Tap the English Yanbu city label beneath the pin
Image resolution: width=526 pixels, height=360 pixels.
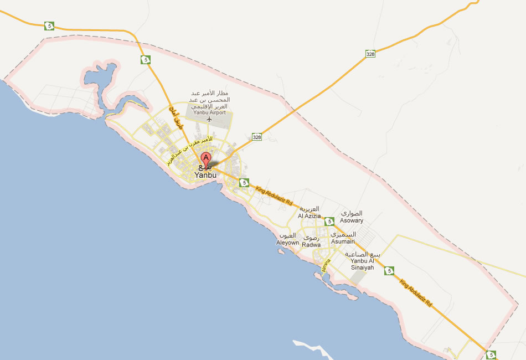[206, 175]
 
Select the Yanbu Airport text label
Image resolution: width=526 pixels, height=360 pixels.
[210, 112]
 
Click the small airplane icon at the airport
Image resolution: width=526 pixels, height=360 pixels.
[209, 119]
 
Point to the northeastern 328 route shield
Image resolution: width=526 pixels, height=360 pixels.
[370, 54]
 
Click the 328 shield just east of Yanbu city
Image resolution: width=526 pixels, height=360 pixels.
[256, 137]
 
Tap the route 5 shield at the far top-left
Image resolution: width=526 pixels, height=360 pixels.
[50, 25]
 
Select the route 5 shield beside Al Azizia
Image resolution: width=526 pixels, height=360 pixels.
[330, 222]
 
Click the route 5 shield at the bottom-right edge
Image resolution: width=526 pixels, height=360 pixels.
[490, 354]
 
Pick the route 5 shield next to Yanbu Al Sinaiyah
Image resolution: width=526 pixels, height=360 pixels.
[391, 271]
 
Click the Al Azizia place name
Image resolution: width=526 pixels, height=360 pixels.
[309, 216]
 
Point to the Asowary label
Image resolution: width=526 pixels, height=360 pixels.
[352, 220]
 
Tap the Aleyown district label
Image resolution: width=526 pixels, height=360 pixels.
[288, 243]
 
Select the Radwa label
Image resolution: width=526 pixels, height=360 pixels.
[312, 245]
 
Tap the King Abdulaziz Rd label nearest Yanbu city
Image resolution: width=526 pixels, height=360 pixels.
[274, 197]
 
